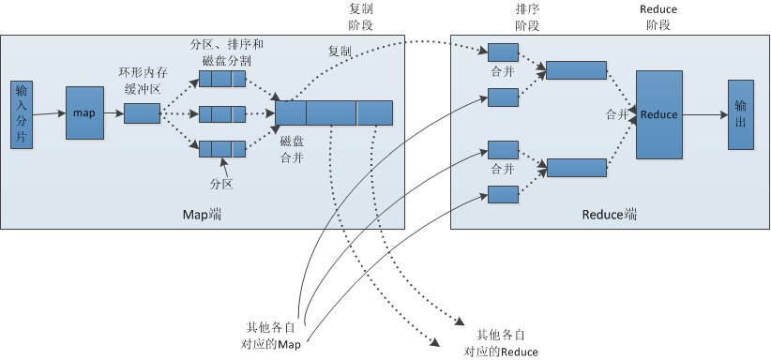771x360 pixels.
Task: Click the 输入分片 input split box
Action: click(22, 113)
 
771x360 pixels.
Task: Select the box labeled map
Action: click(84, 113)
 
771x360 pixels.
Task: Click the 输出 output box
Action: click(740, 113)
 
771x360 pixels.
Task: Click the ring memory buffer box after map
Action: click(142, 113)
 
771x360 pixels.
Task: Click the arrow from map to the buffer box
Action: click(113, 113)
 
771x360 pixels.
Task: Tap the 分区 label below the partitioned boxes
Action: click(220, 184)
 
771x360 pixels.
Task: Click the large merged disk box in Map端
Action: click(334, 112)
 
